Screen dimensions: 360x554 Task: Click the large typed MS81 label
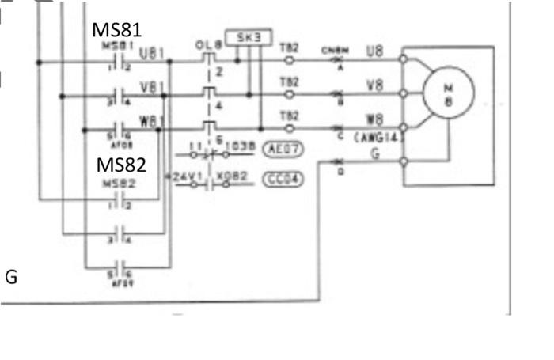(x=117, y=30)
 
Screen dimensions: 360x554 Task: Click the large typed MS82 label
(x=120, y=165)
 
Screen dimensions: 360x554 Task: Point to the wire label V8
(x=375, y=85)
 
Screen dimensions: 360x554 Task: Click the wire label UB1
(x=151, y=54)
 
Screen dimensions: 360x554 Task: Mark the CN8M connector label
(x=332, y=50)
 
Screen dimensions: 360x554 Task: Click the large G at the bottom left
(x=11, y=277)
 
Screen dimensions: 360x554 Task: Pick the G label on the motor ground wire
(x=375, y=153)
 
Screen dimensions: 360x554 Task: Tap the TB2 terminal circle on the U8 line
(x=289, y=60)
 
